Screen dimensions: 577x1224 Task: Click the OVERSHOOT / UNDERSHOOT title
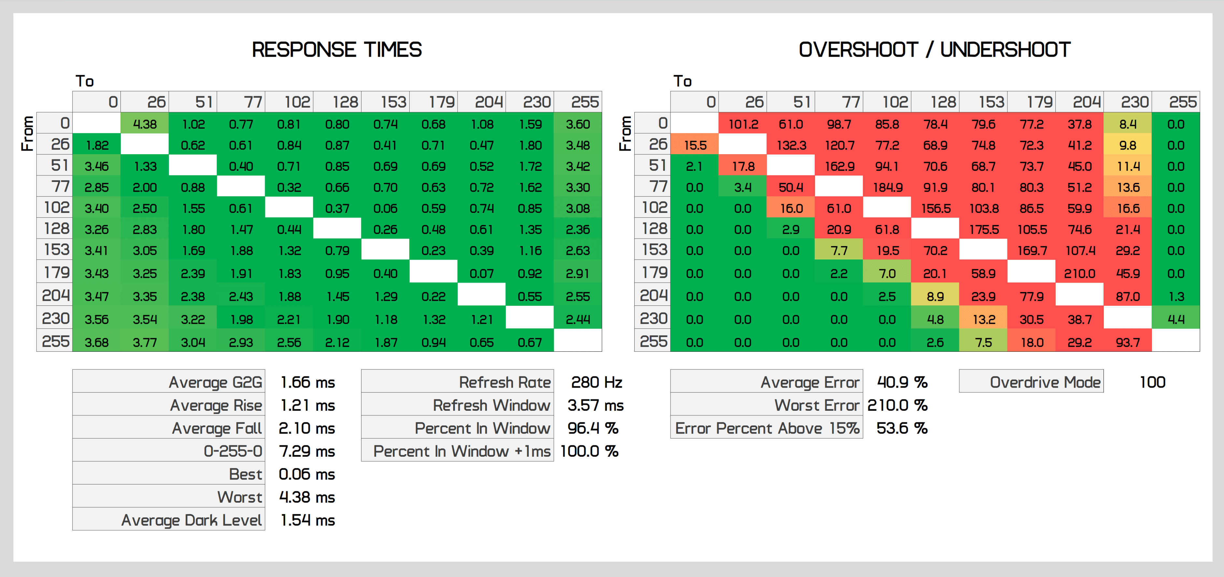pos(934,50)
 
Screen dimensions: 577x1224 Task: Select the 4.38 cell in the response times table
pos(145,124)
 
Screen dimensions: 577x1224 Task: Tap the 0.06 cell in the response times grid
pos(385,208)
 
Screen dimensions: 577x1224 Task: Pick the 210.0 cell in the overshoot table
pos(1079,274)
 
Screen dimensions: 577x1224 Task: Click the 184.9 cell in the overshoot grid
pos(887,187)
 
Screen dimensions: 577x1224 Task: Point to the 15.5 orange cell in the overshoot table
pos(695,145)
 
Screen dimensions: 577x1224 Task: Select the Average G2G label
pos(215,382)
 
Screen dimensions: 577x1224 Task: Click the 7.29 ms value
pos(307,451)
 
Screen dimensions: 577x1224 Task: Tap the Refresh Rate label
pos(505,382)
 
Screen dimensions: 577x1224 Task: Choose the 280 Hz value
pos(596,382)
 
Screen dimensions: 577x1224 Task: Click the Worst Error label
pos(816,405)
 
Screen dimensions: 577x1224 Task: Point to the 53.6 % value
pos(901,428)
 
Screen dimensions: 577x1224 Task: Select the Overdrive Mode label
pos(1045,382)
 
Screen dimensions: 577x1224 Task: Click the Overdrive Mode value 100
pos(1152,382)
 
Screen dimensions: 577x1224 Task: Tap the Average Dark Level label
pos(191,520)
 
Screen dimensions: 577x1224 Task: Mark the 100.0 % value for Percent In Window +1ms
pos(589,451)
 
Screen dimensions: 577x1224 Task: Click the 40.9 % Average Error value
pos(901,382)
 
